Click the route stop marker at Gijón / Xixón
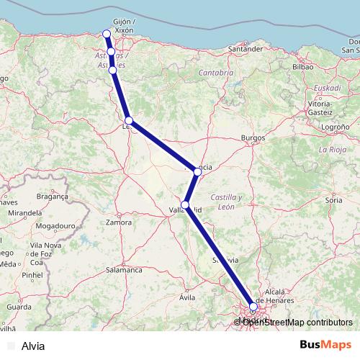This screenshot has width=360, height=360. [x=107, y=34]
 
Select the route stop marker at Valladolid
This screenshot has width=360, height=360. [x=186, y=205]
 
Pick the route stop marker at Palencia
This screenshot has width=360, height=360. [x=197, y=172]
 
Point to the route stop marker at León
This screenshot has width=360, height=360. [x=128, y=120]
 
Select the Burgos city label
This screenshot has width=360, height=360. [x=254, y=137]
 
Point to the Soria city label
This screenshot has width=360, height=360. [x=333, y=199]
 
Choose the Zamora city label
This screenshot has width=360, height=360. [x=118, y=222]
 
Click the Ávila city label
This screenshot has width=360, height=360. [x=187, y=296]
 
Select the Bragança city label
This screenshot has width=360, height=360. [x=51, y=196]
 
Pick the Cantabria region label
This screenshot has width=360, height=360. [x=216, y=73]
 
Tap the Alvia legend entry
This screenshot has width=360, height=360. [x=33, y=346]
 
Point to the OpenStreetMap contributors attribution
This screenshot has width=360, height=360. [x=297, y=322]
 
